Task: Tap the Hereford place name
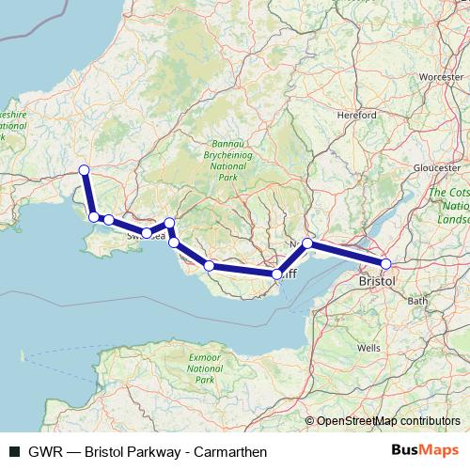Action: [x=354, y=116]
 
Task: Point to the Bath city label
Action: [x=418, y=301]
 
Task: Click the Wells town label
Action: [x=368, y=347]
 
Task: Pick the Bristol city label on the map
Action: [x=377, y=281]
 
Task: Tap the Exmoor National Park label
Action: [x=201, y=369]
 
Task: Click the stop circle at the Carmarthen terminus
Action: [x=84, y=169]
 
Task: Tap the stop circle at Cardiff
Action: [x=277, y=274]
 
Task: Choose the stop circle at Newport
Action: [x=307, y=243]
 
